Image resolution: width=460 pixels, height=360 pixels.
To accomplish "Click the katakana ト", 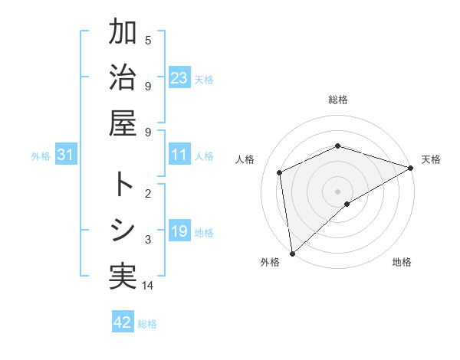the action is tap(123, 185).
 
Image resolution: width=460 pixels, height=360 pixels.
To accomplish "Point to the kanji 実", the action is tap(123, 276).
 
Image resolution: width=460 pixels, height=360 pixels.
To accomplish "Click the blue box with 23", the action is tap(179, 78).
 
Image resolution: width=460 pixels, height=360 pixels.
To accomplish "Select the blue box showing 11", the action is tap(179, 155).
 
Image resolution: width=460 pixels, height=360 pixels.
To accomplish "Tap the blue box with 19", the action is tap(179, 231).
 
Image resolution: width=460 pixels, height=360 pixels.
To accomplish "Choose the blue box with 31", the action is tap(65, 155).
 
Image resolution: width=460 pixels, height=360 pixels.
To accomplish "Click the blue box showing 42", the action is tap(123, 322).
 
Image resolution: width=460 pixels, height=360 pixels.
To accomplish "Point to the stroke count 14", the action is tap(148, 286).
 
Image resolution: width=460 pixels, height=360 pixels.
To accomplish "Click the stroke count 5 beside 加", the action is tap(148, 40).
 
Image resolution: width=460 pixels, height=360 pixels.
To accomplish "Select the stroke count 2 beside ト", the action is tap(148, 193).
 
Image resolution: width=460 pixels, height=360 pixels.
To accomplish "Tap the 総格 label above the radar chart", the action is tap(338, 100).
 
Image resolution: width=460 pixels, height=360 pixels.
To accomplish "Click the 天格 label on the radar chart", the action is tap(431, 159).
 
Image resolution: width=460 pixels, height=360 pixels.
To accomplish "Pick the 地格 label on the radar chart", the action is tap(402, 262).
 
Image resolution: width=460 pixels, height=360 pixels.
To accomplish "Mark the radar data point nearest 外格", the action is tap(292, 253).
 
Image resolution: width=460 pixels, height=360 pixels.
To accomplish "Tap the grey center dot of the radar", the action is tap(338, 191).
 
